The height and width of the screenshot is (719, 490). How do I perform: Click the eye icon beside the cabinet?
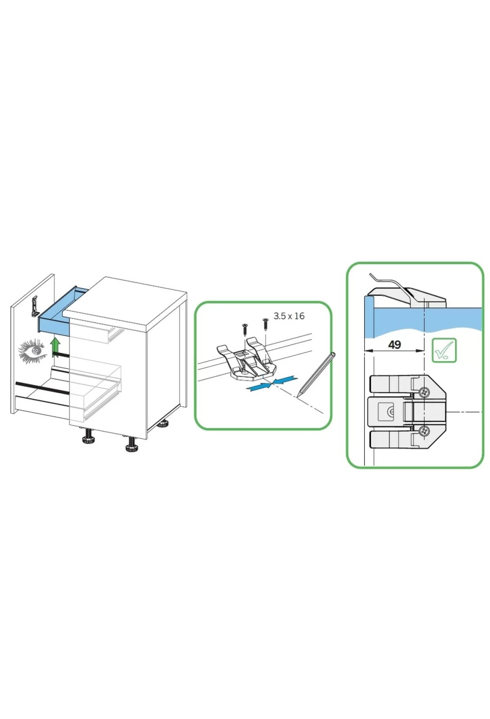[32, 350]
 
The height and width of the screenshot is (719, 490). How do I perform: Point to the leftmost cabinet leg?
[89, 437]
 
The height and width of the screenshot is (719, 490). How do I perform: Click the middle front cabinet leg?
[131, 444]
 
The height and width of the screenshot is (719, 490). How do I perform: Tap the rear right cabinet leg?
[163, 423]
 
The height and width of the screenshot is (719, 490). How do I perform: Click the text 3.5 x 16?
[289, 316]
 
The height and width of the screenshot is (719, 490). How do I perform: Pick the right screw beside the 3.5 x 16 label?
[265, 324]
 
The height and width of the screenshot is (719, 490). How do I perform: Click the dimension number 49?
[394, 345]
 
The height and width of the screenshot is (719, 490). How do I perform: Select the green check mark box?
[444, 350]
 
